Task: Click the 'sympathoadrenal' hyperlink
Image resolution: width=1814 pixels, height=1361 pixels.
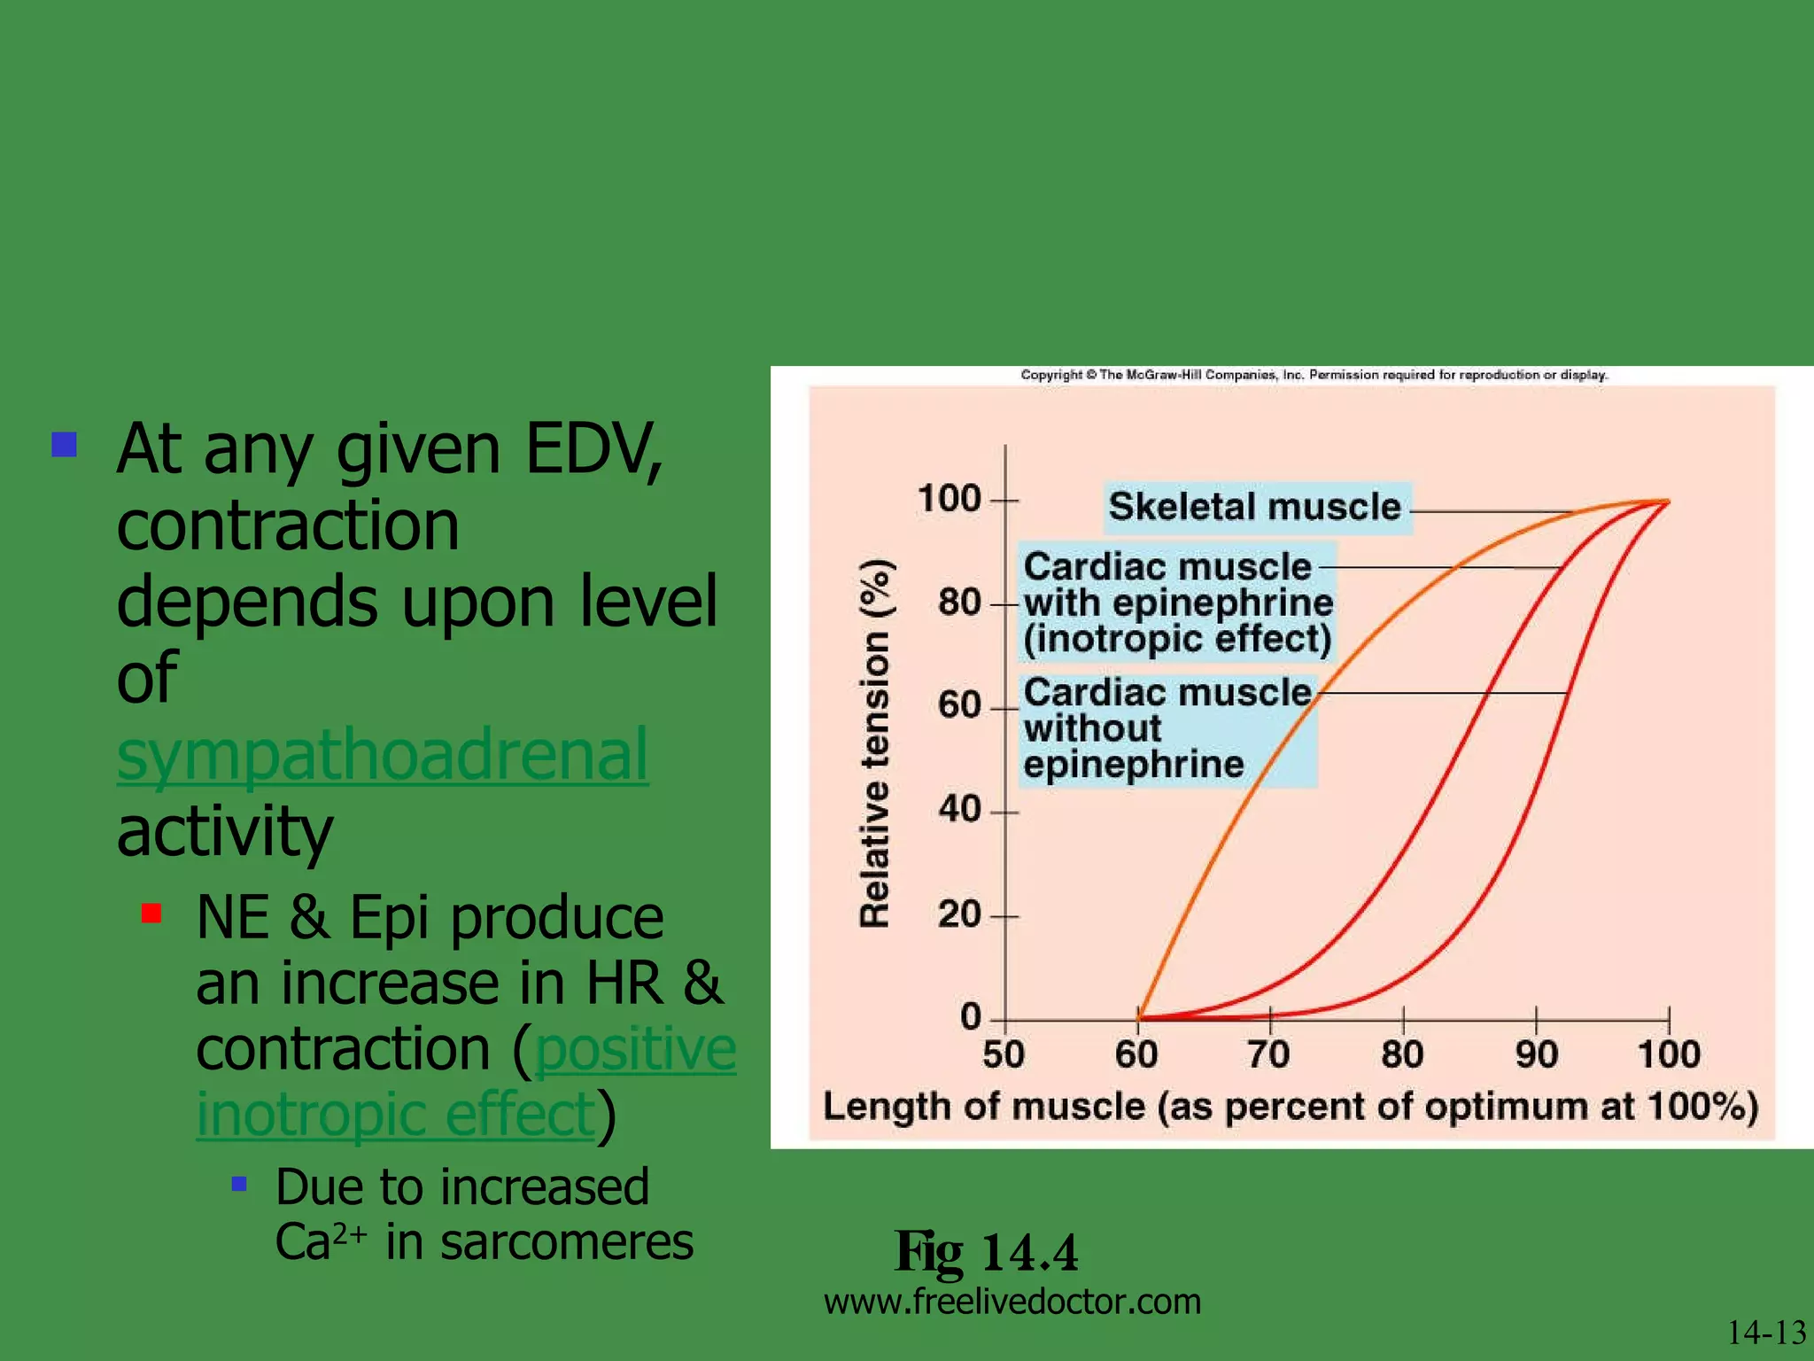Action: click(383, 756)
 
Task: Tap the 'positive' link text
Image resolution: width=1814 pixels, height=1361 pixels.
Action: click(635, 1049)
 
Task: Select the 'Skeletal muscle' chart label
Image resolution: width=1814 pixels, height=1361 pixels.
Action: click(1255, 508)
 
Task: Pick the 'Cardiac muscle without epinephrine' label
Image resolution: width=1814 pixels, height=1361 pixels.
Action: click(1167, 728)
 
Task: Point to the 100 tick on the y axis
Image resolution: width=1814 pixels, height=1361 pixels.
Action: click(949, 499)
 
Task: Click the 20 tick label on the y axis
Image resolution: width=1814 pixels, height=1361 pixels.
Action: click(959, 914)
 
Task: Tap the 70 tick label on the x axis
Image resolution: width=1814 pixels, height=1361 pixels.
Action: click(1268, 1054)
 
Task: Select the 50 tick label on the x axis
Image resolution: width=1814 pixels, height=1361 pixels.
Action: click(1004, 1054)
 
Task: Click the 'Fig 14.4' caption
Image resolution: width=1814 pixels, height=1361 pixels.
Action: click(986, 1252)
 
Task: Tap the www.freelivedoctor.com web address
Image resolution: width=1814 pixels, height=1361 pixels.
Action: click(1012, 1302)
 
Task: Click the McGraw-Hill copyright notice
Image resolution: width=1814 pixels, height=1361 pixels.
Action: click(1314, 375)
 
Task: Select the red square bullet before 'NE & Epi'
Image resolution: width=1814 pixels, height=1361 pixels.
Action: click(151, 913)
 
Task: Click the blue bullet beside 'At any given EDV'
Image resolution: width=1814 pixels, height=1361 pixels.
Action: click(65, 444)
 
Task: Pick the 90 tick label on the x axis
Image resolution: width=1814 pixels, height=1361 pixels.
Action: click(1536, 1054)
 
